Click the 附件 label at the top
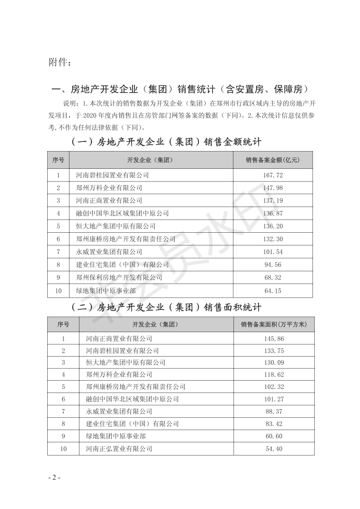(59, 62)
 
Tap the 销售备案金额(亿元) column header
(273, 160)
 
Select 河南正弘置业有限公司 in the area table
(119, 449)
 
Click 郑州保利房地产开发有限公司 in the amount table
(117, 278)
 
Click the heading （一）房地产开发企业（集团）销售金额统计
(167, 142)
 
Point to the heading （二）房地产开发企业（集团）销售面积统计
(167, 307)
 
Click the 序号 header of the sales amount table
(58, 160)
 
